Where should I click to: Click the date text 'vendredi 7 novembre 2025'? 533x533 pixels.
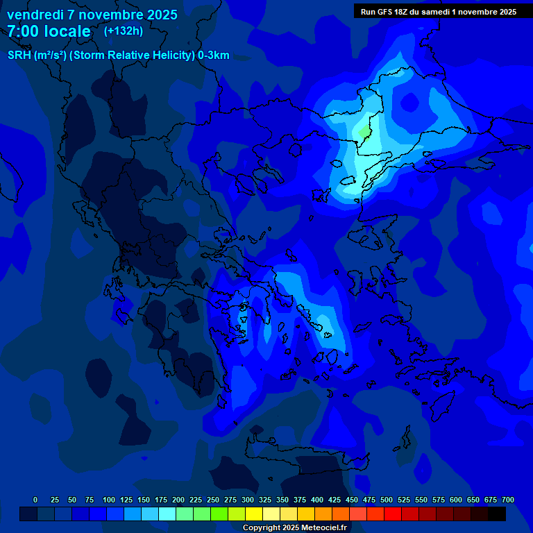[x=92, y=15]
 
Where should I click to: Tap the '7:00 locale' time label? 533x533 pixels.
[x=49, y=31]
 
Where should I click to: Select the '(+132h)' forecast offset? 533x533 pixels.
[x=124, y=31]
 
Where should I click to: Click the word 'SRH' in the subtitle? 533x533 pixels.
[x=19, y=56]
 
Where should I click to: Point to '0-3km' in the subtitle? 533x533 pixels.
[x=214, y=56]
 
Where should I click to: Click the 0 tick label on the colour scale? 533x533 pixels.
[x=35, y=500]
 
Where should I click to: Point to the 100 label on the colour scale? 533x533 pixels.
[x=109, y=500]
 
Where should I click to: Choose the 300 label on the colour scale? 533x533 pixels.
[x=248, y=500]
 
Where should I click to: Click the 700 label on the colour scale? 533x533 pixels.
[x=508, y=500]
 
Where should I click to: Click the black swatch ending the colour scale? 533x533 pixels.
[x=497, y=514]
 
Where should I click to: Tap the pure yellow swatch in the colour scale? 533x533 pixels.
[x=254, y=514]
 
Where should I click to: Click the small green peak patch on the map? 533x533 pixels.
[x=364, y=130]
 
